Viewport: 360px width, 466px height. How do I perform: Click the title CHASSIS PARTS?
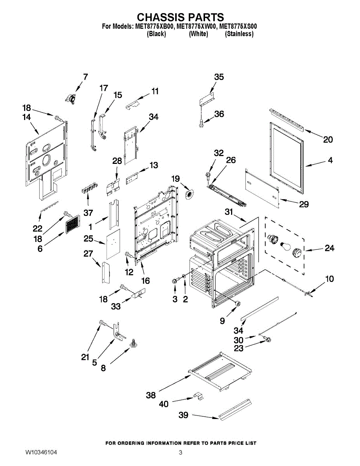[x=180, y=17]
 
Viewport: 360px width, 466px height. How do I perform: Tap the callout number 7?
[x=85, y=77]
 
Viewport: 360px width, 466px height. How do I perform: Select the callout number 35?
[x=219, y=77]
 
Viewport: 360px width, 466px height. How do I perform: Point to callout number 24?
[x=329, y=248]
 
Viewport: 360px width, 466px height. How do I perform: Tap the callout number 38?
[x=151, y=395]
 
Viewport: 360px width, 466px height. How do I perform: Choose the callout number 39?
[x=183, y=415]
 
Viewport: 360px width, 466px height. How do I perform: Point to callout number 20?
[x=328, y=139]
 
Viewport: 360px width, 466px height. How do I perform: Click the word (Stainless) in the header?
[x=239, y=34]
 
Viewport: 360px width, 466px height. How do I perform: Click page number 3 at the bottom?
[x=181, y=452]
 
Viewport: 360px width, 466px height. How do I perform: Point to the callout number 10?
[x=329, y=279]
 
